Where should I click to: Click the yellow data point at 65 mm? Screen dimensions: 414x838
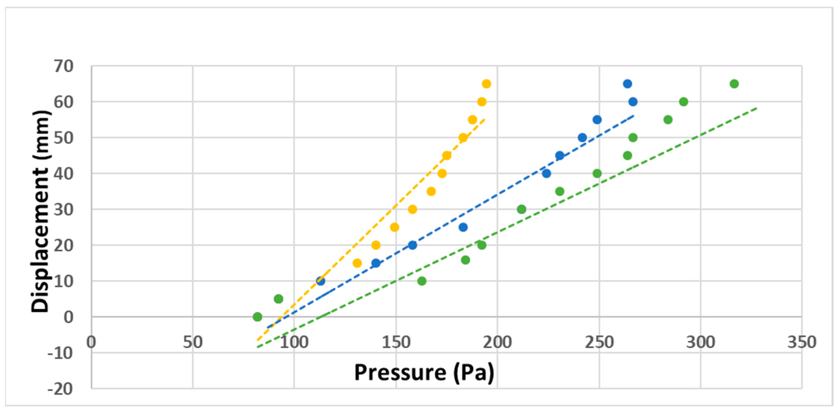(486, 84)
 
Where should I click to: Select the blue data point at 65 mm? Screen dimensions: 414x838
(628, 84)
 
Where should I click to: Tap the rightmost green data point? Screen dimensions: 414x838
(734, 84)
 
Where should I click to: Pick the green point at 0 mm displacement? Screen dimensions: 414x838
(257, 317)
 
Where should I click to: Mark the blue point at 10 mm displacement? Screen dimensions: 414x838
(320, 281)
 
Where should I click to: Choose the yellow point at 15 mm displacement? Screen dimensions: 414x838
(357, 263)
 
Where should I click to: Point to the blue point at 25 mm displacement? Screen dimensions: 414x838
(463, 227)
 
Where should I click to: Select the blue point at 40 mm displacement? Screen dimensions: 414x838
(547, 173)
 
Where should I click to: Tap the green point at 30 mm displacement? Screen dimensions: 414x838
(521, 209)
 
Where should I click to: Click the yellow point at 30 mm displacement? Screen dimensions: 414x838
(412, 209)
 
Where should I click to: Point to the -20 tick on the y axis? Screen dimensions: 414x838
(61, 389)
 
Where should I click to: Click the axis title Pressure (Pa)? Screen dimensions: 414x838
(424, 372)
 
